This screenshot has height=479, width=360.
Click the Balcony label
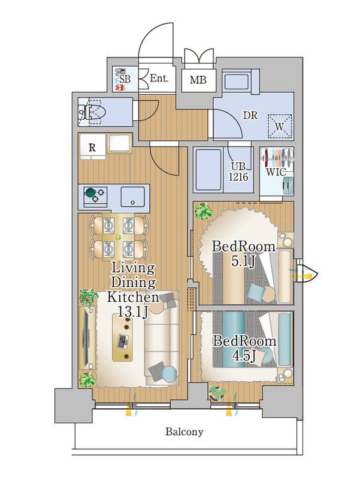click(184, 432)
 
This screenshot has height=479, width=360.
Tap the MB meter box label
click(198, 80)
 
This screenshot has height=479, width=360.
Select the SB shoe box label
click(125, 80)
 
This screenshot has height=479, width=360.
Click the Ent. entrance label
click(159, 78)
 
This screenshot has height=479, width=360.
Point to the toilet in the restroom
click(92, 112)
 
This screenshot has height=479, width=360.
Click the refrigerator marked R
click(92, 147)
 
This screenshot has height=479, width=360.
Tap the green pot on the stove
click(90, 193)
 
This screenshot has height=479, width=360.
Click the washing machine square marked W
click(280, 126)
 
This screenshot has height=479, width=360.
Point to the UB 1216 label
click(238, 172)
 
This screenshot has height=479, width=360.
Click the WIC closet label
click(276, 172)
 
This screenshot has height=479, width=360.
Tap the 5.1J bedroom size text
click(243, 261)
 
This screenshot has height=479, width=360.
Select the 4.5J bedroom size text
click(244, 356)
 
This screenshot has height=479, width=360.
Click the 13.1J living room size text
click(133, 311)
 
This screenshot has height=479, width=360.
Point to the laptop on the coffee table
click(123, 341)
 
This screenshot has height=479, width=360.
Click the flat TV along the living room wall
click(86, 336)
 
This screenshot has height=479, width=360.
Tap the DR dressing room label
click(250, 116)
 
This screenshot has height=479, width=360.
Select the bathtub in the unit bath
click(208, 169)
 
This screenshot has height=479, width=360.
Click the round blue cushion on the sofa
click(169, 374)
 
